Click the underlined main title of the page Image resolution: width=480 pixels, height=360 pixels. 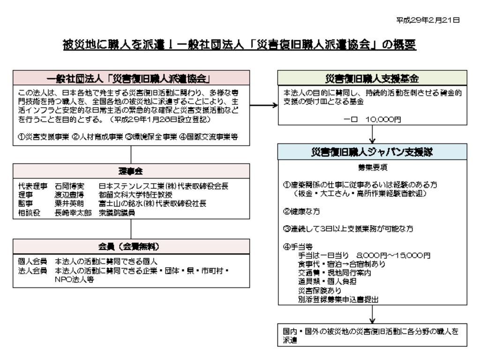coord(240,45)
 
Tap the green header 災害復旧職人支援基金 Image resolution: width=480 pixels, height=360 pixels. coord(372,78)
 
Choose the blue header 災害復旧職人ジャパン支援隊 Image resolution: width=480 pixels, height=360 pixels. coord(372,152)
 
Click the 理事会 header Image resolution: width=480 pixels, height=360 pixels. coord(131,171)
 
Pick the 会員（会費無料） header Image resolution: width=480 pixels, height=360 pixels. coord(131,247)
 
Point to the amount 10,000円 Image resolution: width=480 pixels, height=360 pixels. coord(383,120)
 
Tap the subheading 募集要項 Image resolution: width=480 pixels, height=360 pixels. coord(372,167)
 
